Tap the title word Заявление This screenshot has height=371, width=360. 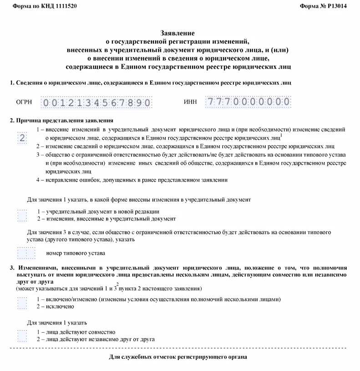(178, 33)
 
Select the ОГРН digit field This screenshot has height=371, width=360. (96, 102)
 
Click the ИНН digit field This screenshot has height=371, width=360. (248, 102)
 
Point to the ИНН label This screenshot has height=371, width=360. (190, 102)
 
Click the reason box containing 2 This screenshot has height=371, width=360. (22, 138)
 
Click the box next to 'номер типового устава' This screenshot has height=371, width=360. (26, 253)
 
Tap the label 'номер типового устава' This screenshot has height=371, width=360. (76, 253)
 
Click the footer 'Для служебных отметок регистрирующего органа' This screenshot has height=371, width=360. (178, 357)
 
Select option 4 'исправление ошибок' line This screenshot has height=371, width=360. (132, 180)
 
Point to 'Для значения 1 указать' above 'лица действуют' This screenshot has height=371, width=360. (57, 322)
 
